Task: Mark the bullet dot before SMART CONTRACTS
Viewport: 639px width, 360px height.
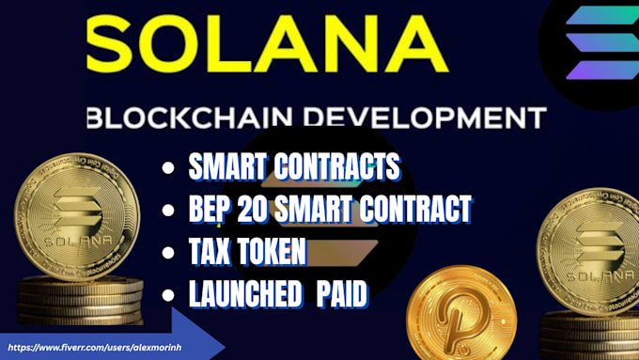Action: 168,170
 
